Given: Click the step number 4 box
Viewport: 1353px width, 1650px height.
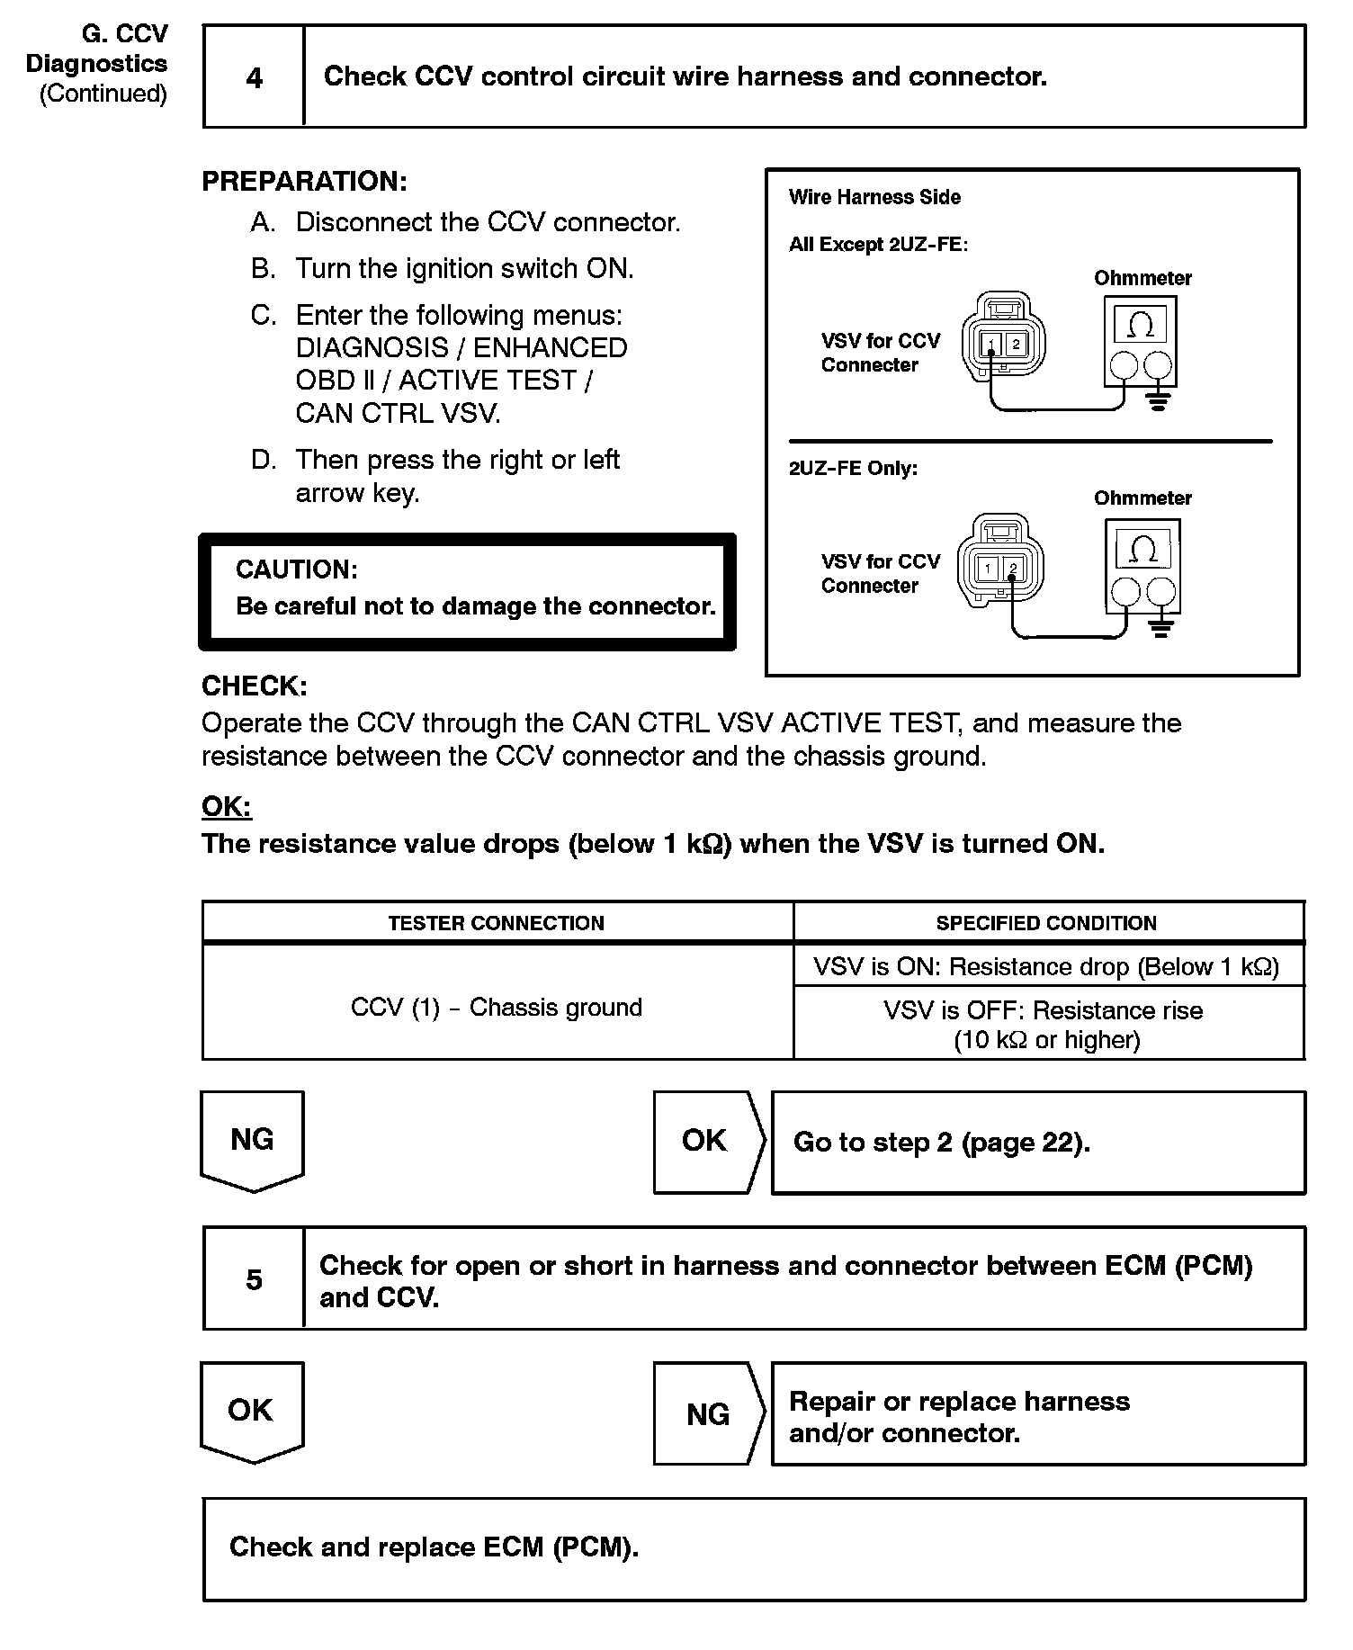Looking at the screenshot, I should point(255,77).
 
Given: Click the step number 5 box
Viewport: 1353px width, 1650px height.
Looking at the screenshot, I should point(255,1279).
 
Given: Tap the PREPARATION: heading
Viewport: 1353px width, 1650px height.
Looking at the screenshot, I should point(304,181).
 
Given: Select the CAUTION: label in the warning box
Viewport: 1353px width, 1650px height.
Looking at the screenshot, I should point(296,569).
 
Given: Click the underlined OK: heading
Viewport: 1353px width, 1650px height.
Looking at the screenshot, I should point(227,806).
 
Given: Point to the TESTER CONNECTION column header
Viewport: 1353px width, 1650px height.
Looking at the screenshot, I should point(497,923).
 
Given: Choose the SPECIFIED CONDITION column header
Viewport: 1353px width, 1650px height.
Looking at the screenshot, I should point(1046,923).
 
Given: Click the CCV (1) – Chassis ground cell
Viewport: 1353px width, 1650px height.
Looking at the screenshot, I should point(497,1008).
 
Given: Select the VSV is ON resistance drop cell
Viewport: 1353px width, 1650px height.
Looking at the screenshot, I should point(1046,967).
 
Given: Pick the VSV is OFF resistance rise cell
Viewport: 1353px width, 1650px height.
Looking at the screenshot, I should point(1046,1025).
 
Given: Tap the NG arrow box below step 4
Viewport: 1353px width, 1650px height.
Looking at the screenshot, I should point(252,1140).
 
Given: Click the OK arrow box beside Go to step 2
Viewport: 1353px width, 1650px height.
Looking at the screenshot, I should point(705,1141).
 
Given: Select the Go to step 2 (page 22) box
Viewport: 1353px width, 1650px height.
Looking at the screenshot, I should point(1037,1143).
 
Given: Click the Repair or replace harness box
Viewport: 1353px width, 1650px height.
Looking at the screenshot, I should point(1037,1416).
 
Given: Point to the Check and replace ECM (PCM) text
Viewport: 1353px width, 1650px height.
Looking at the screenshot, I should point(434,1547).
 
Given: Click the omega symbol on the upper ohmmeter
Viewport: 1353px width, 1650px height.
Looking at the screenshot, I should point(1141,325).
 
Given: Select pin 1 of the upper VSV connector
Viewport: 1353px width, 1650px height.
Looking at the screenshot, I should point(990,345).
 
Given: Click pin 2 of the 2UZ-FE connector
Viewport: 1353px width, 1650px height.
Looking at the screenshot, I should point(1013,569).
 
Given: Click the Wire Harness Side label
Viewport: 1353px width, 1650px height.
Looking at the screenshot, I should point(874,197).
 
